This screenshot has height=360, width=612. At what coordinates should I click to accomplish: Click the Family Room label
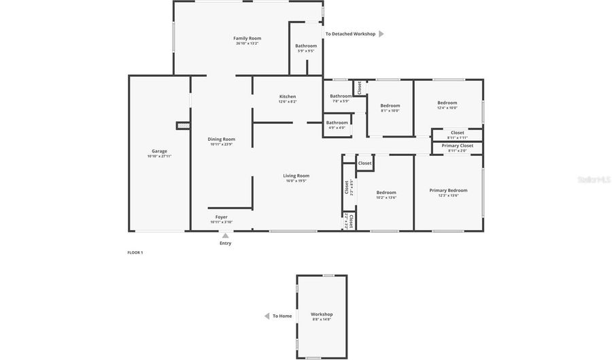click(247, 39)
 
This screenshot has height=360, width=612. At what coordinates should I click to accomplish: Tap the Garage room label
click(159, 152)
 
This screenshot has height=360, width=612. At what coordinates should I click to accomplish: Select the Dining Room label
click(221, 140)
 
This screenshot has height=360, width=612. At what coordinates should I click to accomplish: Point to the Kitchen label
click(287, 97)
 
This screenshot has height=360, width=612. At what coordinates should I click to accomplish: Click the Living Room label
click(296, 176)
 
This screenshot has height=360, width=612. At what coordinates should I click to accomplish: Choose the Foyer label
click(221, 217)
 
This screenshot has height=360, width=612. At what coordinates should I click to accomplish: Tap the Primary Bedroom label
click(448, 191)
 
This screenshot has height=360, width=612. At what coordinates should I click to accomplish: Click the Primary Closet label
click(457, 146)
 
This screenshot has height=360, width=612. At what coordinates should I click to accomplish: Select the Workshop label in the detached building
click(322, 314)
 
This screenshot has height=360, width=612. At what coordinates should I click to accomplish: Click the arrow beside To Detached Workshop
click(381, 34)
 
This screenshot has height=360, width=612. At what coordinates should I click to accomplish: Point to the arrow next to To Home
click(267, 316)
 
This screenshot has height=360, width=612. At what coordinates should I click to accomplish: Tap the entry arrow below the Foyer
click(225, 235)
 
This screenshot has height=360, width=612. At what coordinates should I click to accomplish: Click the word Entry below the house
click(225, 243)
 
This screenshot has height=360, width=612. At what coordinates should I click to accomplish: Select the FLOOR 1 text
click(135, 252)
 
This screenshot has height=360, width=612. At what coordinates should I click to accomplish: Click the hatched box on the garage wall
click(182, 125)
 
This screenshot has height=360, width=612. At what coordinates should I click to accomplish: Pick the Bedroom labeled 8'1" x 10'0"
click(390, 105)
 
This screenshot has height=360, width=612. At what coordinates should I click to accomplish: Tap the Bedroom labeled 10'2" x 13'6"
click(386, 193)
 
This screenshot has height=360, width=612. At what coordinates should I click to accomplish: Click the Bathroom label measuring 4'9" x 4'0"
click(337, 123)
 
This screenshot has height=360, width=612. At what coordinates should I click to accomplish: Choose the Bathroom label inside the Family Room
click(305, 46)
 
